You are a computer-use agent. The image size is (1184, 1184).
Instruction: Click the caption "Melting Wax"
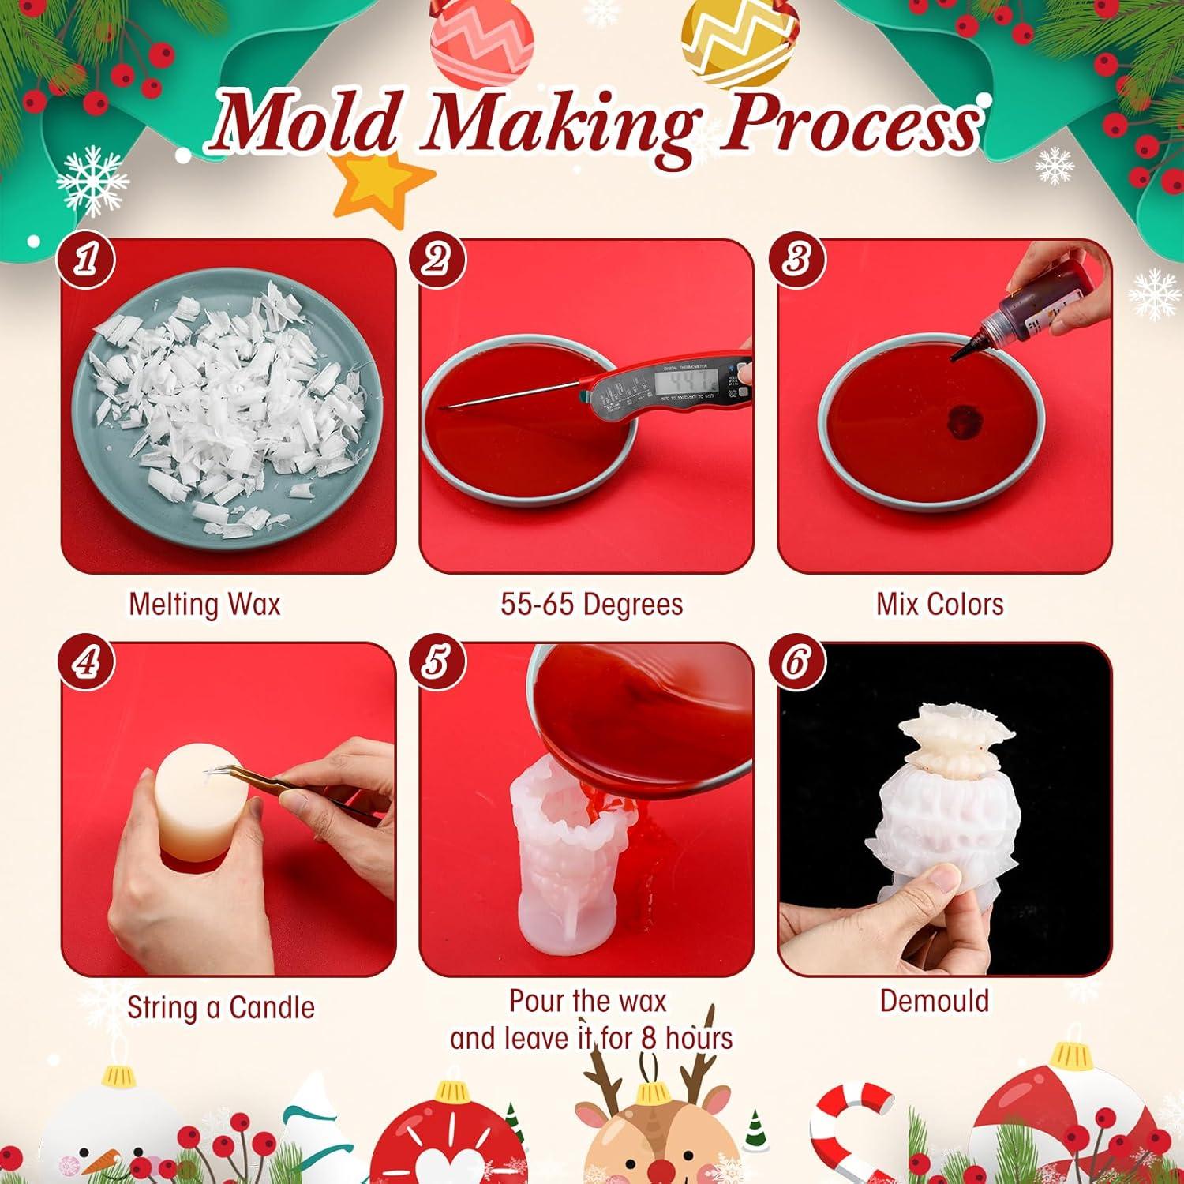tap(204, 605)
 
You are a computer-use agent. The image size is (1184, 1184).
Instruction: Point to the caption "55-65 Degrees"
tap(591, 605)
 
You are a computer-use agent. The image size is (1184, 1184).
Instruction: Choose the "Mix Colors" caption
tap(939, 605)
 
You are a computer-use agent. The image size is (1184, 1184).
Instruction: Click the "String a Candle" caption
tap(220, 1008)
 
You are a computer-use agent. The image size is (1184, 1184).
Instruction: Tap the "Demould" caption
tap(934, 1001)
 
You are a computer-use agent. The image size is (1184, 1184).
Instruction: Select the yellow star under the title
tap(379, 185)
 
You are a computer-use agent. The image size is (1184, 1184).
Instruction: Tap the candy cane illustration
tap(852, 1121)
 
